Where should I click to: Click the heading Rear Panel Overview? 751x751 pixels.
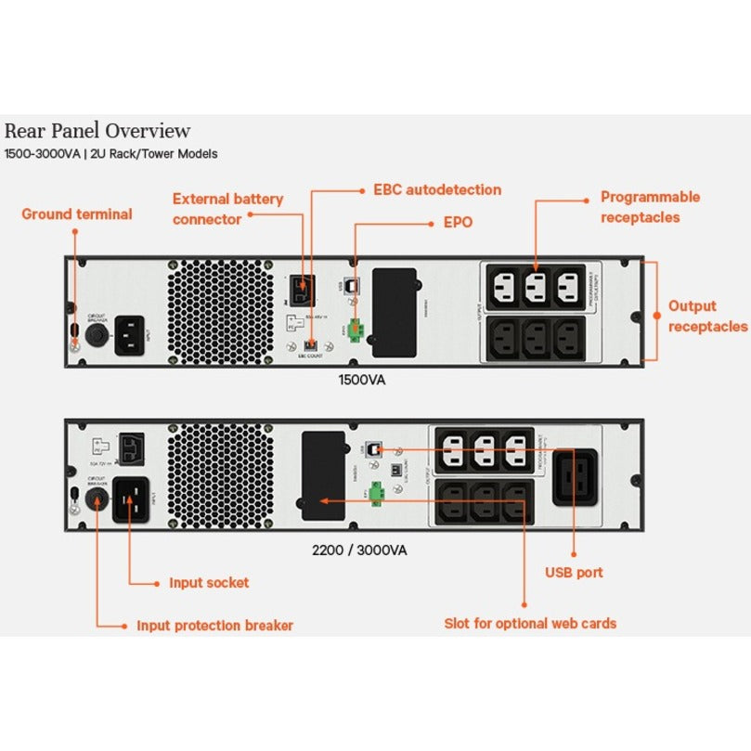point(97,131)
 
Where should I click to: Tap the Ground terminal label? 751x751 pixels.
point(77,214)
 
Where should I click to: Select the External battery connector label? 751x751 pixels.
point(227,209)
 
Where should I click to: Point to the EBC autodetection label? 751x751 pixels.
point(437,190)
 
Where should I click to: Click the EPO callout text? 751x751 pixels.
point(458,223)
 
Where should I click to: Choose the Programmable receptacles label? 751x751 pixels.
point(650,207)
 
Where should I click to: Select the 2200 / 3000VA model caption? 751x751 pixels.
point(358,550)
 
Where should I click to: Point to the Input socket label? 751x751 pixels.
point(209,583)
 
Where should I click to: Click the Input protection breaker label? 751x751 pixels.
point(214,626)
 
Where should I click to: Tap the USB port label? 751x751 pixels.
point(574,572)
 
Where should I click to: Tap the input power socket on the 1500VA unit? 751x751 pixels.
point(131,335)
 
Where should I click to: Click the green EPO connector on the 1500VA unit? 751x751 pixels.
point(356,330)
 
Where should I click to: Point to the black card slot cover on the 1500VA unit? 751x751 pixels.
point(394,311)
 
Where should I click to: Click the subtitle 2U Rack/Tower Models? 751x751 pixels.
point(153,154)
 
